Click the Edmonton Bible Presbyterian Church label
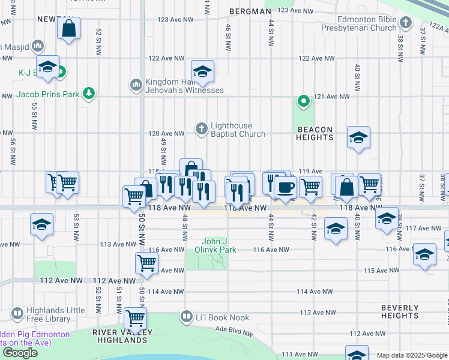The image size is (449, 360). click(x=359, y=23)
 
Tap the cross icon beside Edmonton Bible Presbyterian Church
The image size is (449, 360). click(x=406, y=23)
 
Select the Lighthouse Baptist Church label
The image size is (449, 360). click(x=238, y=130)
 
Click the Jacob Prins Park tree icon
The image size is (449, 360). click(x=89, y=94)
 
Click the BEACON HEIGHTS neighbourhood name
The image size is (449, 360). click(x=314, y=133)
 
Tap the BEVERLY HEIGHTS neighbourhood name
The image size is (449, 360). click(x=399, y=311)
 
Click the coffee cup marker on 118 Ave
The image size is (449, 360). click(x=286, y=187)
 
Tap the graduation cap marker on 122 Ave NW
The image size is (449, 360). click(x=203, y=71)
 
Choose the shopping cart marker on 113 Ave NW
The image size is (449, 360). click(x=135, y=317)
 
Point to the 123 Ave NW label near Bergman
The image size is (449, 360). click(x=296, y=11)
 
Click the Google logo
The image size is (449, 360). click(x=20, y=353)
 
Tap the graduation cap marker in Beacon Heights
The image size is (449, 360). click(x=358, y=138)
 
